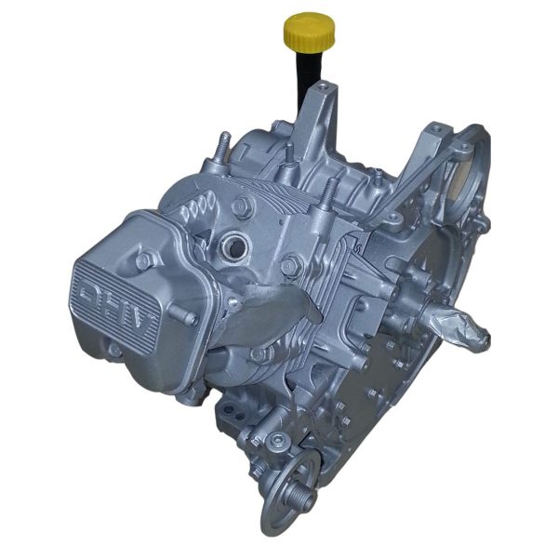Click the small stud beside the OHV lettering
pos(192,319)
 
